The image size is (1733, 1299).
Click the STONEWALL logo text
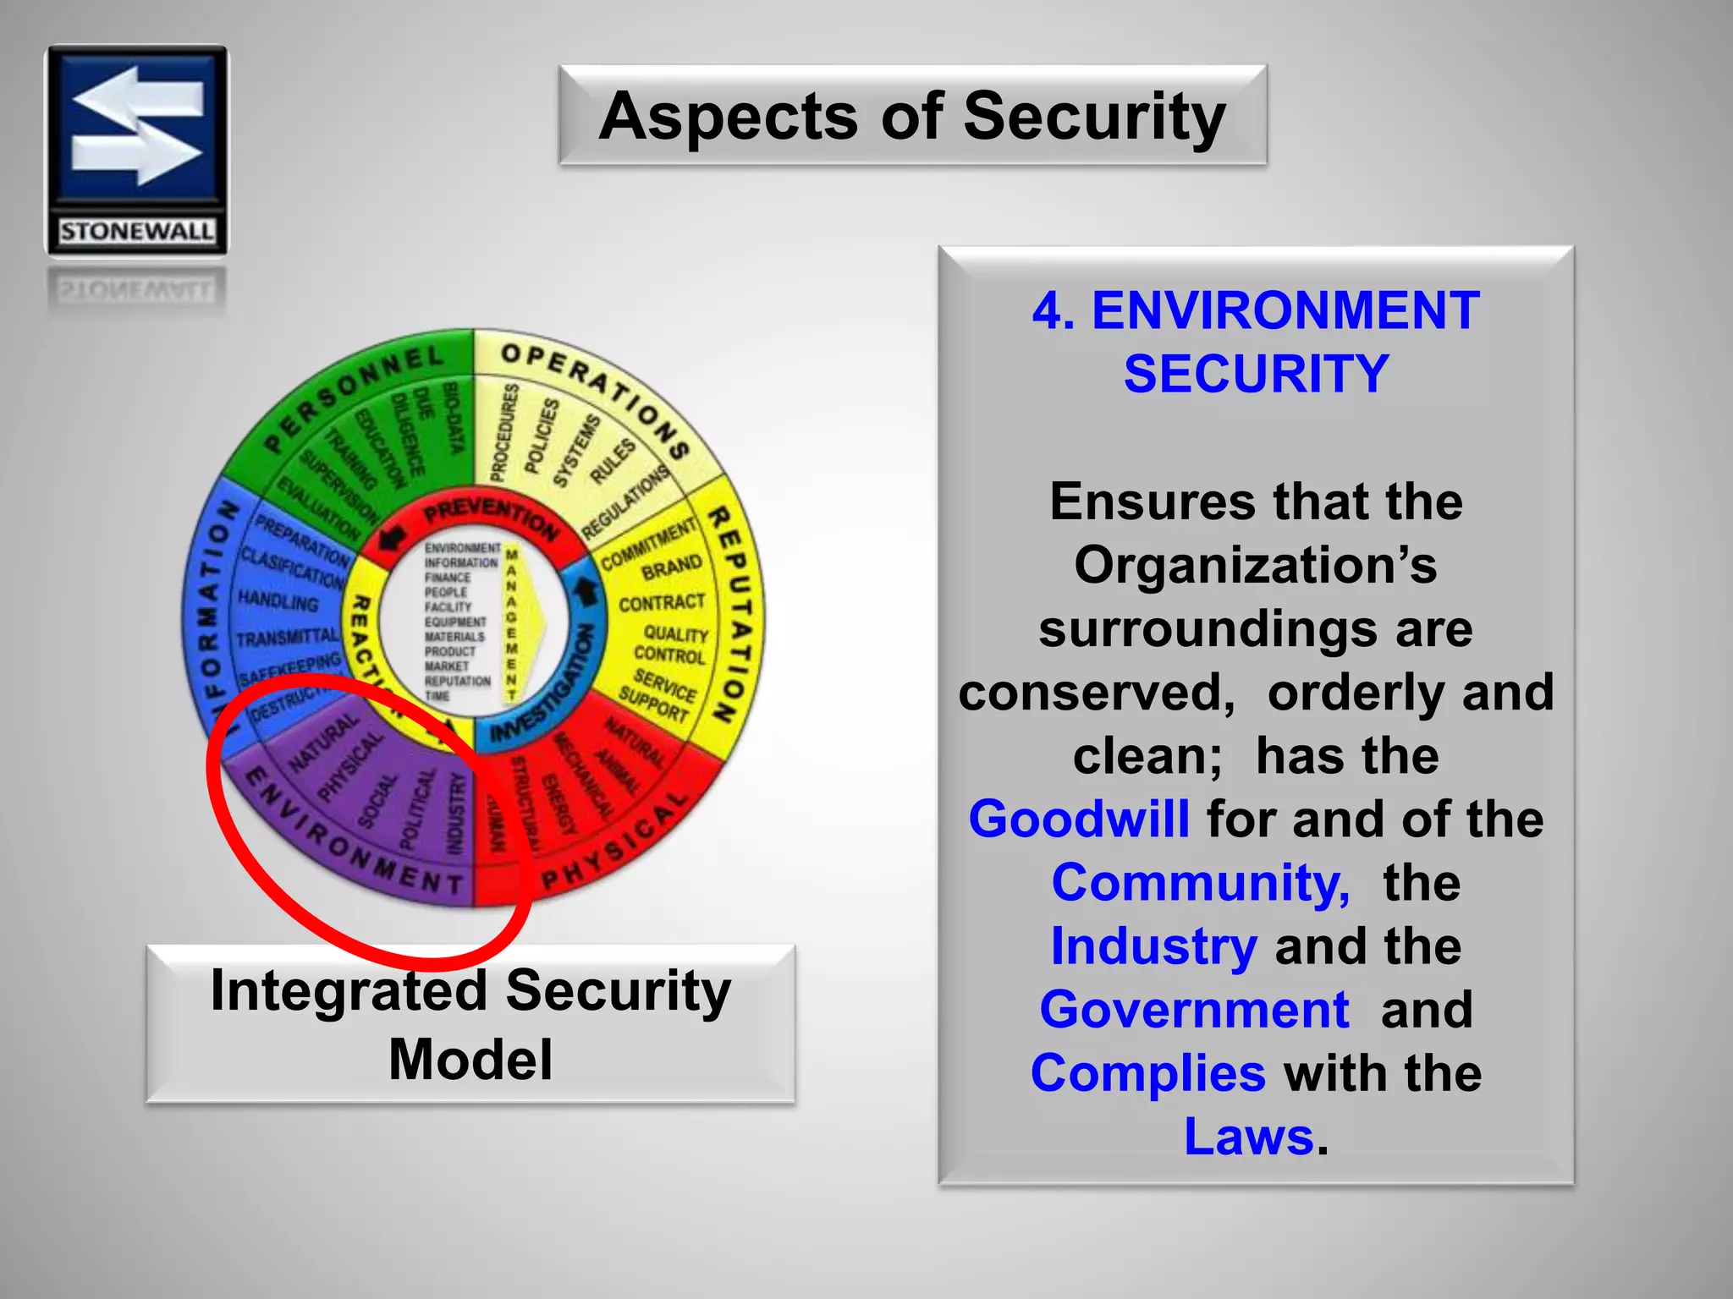(136, 231)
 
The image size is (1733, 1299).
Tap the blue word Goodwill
(1078, 819)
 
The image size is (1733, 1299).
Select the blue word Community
(1200, 883)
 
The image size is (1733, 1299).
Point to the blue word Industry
(1153, 945)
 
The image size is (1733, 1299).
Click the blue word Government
(1194, 1009)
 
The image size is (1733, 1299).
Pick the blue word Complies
(1147, 1072)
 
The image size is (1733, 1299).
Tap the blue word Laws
(1249, 1136)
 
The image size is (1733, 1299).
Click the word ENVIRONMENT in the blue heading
(1285, 310)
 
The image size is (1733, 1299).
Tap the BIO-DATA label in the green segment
(454, 417)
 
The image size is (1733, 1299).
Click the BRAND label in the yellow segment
(671, 567)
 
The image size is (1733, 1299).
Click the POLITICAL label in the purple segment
(418, 808)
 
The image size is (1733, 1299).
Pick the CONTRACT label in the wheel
(661, 603)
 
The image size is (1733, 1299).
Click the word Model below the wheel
(470, 1059)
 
